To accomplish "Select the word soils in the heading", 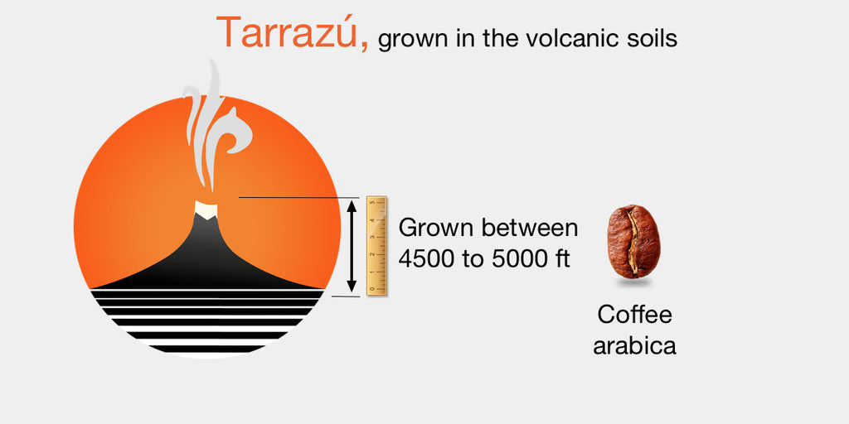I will point(653,39).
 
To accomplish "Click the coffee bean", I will point(633,241).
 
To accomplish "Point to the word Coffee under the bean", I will point(634,315).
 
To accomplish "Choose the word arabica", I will point(634,344).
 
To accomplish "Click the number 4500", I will point(426,258).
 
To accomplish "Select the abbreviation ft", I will point(561,258).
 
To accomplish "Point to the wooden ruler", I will point(377,244).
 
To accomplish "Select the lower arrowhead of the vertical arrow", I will point(352,287).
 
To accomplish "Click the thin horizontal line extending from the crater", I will point(290,197).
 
